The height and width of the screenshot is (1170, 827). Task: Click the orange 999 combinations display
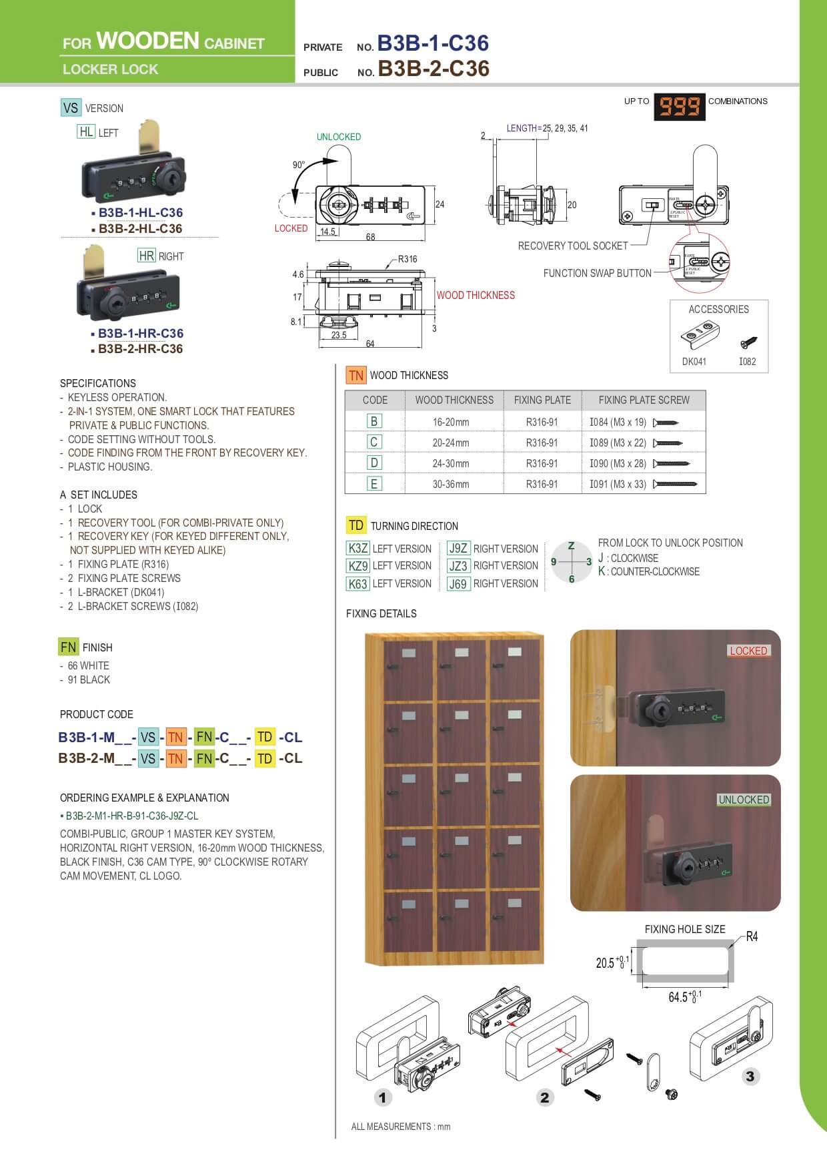coord(680,105)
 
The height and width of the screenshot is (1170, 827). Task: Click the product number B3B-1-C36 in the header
coord(433,43)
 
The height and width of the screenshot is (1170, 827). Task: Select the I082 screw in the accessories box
coord(748,343)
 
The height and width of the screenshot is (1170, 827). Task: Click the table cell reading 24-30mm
coord(451,463)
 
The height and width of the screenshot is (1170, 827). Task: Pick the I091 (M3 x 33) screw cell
coord(618,484)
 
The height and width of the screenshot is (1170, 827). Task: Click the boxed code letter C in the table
coord(374,442)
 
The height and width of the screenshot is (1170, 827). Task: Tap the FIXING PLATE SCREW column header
coord(644,400)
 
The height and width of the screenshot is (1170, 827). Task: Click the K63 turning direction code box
coord(358,583)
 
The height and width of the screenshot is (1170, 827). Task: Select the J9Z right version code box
coord(458,549)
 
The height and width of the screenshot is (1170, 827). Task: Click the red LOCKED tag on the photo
coord(748,651)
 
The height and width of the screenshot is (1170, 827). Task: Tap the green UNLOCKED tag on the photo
coord(744,800)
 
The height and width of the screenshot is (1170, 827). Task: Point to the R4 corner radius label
coord(752,936)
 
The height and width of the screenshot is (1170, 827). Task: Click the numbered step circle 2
coord(545,1097)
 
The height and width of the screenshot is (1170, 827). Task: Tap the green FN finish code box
coord(68,647)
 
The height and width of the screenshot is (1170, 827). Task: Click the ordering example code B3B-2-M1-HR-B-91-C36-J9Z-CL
coord(132,816)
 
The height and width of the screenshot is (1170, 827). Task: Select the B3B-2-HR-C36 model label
coord(140,348)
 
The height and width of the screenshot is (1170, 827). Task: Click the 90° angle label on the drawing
coord(298,165)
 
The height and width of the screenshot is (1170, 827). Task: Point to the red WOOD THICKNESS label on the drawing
coord(476,295)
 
